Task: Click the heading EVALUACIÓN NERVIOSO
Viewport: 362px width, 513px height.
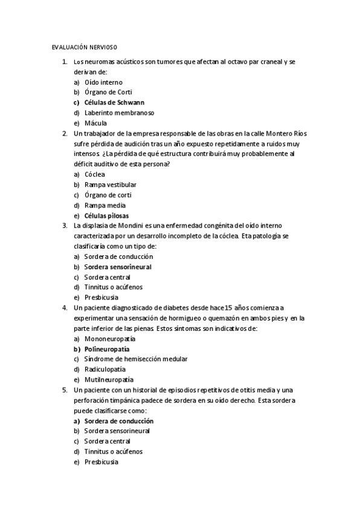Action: coord(84,47)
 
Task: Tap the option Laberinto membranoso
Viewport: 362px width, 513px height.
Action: coord(111,113)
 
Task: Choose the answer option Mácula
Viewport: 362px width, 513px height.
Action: coord(95,123)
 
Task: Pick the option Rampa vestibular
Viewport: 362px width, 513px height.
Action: coord(111,185)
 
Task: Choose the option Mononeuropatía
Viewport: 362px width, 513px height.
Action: coord(109,339)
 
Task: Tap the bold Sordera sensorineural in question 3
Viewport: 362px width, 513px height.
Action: coord(118,267)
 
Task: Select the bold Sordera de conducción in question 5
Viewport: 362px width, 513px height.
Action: coord(119,421)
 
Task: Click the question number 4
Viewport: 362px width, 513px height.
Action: coord(65,308)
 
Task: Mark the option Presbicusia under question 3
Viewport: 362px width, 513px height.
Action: coord(102,298)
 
